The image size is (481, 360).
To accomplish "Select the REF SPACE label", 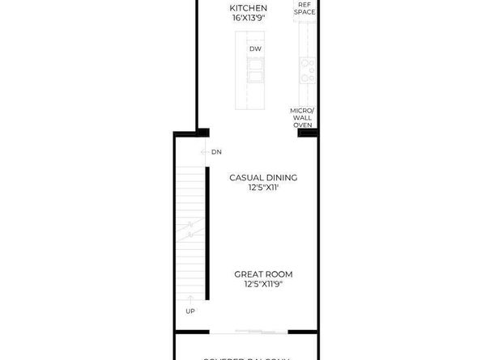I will point(305,9).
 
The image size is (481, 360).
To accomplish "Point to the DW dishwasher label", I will point(254,49).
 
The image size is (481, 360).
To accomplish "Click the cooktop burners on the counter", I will point(307,70).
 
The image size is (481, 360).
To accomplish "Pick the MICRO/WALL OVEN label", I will point(303,117).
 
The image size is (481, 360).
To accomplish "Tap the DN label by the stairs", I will point(216,152).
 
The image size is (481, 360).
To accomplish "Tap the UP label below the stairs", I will point(190,311).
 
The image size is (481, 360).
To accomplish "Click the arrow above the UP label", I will point(190,301).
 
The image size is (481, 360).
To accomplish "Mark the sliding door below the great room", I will point(259,330).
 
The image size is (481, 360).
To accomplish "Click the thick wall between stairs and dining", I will point(206,235).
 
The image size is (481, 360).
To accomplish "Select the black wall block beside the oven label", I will point(305,133).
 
